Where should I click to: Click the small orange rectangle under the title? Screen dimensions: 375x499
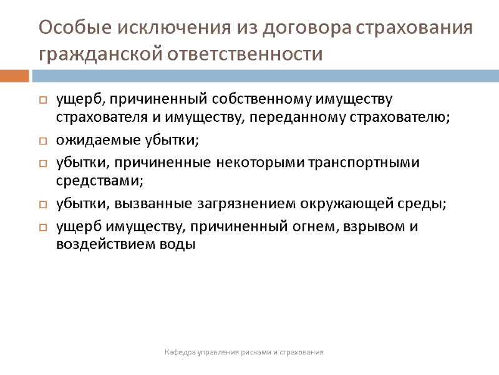coord(14,76)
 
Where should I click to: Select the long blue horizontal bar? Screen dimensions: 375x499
coord(265,76)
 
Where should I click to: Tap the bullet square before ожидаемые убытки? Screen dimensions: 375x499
coord(43,141)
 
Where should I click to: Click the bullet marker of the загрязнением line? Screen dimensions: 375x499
coord(43,204)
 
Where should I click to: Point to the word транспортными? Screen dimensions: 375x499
coord(371,162)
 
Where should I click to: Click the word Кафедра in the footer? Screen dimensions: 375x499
coord(179,353)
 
